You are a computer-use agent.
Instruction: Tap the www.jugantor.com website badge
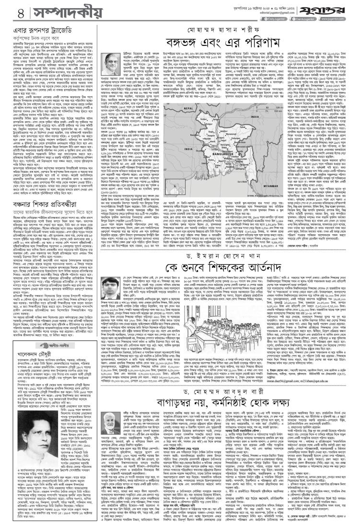(342, 16)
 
